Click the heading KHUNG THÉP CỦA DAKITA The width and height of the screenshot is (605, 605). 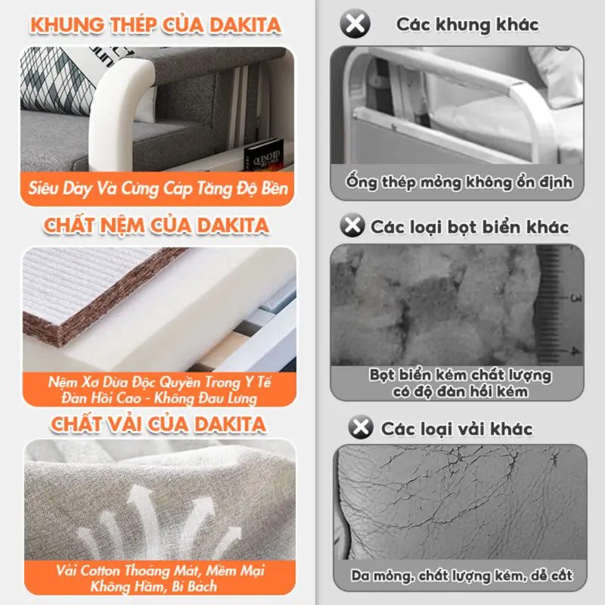[x=156, y=25]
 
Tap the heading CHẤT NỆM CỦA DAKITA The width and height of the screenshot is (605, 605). [x=156, y=225]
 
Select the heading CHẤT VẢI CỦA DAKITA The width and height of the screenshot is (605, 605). [x=158, y=424]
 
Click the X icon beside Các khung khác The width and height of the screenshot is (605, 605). [x=355, y=23]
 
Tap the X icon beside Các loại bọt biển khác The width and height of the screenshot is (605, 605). [x=352, y=225]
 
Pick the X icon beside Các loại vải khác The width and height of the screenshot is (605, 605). [x=361, y=427]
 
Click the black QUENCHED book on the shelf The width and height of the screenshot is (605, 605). [x=263, y=155]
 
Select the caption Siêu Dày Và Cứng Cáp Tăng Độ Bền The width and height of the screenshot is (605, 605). [x=158, y=188]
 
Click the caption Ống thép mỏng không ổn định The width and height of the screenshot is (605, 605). [x=459, y=182]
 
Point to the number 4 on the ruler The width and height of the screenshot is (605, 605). [x=576, y=351]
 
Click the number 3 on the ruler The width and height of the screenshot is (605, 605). [x=576, y=297]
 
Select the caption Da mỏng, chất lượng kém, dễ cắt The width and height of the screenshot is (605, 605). [x=461, y=576]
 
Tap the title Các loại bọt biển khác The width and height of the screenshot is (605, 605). [x=470, y=227]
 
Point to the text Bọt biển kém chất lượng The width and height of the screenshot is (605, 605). [x=461, y=375]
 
